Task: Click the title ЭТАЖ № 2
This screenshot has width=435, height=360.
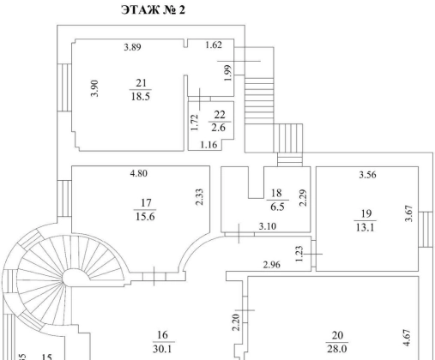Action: click(x=154, y=10)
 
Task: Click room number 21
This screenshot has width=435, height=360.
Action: click(x=141, y=83)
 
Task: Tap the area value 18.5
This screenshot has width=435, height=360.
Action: click(x=141, y=96)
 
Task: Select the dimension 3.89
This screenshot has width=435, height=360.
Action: click(x=132, y=47)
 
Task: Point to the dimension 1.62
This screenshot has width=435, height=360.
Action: click(x=214, y=45)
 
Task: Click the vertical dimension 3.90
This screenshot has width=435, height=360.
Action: click(x=94, y=88)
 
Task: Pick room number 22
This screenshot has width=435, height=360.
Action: click(x=220, y=115)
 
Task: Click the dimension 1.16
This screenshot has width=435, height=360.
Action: click(x=208, y=145)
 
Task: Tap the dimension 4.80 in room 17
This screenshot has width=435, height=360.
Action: click(x=139, y=173)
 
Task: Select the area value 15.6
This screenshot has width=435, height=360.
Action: click(x=145, y=217)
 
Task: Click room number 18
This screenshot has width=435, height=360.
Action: click(x=276, y=193)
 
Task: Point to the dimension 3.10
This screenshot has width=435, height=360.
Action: click(x=268, y=226)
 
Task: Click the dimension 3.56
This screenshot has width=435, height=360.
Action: click(x=367, y=174)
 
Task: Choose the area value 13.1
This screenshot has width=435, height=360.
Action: click(x=365, y=228)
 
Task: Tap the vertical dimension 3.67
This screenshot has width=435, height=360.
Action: click(x=409, y=213)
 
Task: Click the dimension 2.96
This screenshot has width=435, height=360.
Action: click(x=271, y=265)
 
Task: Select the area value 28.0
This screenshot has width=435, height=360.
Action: click(x=337, y=349)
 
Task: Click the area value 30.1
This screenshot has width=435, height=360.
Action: click(x=162, y=349)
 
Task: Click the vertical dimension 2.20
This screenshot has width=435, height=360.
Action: click(x=236, y=322)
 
